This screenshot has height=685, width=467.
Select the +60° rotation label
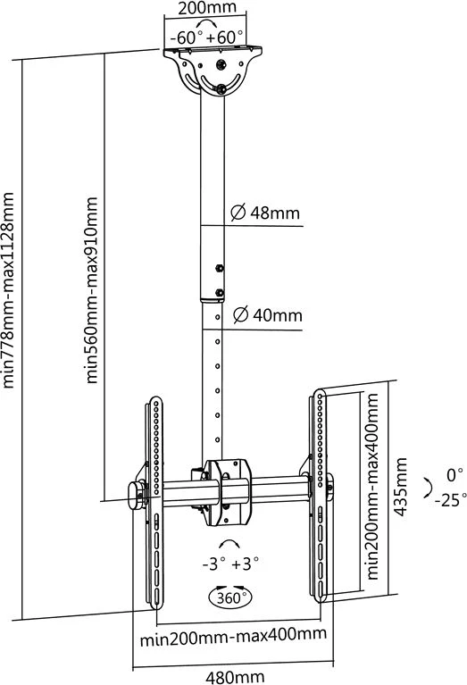pos(227,38)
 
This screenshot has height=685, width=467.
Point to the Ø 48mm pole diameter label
pos(265,213)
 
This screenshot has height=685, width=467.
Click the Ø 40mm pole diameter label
pos(267,315)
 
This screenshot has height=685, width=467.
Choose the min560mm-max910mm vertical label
pos(91,290)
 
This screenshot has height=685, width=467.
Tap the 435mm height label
pos(401,487)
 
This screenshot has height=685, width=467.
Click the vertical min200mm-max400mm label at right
pos(372,487)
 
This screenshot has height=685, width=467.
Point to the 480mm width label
pos(235,677)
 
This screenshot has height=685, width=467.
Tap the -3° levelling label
pos(214,564)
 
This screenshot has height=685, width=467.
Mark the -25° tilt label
pos(451,500)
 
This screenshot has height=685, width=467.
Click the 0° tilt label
pos(454,475)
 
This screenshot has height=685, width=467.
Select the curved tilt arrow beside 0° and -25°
pos(428,488)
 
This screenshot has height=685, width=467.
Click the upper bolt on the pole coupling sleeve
pos(220,268)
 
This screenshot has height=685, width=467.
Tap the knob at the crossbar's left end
pos(138,495)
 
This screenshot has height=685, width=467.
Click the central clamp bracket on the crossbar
pos(227,492)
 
